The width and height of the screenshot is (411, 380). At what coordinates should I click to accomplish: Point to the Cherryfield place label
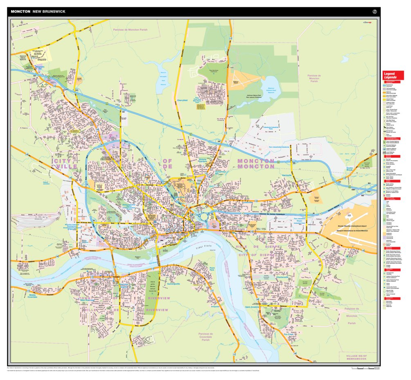[x=182, y=100]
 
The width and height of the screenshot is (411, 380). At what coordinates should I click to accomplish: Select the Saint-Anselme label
[x=253, y=307]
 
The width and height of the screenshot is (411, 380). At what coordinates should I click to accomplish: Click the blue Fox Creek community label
[x=289, y=335]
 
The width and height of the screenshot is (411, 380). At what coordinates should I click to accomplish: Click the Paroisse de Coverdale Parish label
[x=206, y=337]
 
